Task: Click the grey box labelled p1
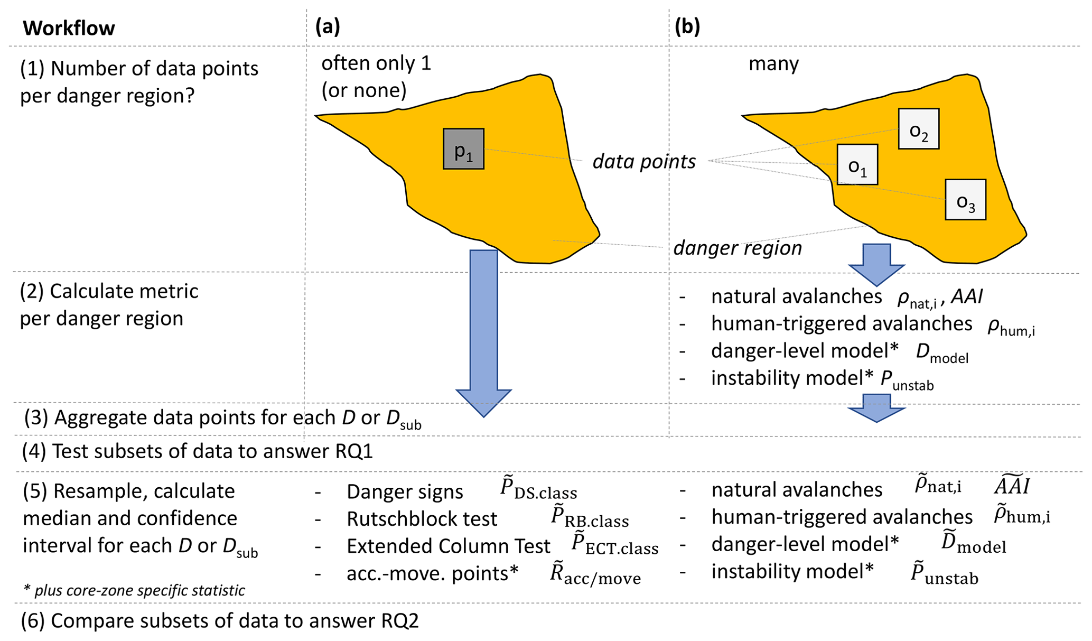[x=463, y=149]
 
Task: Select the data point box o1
[x=857, y=165]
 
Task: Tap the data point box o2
[x=918, y=129]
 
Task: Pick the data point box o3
[x=965, y=200]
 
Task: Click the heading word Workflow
[x=69, y=28]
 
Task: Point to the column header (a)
[x=328, y=26]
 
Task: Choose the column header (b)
[x=687, y=26]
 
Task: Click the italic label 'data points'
[x=643, y=161]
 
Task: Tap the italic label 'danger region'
[x=738, y=248]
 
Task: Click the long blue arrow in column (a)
[x=483, y=328]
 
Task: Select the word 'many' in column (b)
[x=773, y=64]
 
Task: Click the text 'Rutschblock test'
[x=422, y=519]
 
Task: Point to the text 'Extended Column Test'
[x=448, y=546]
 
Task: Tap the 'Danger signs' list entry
[x=405, y=492]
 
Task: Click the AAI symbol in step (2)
[x=966, y=296]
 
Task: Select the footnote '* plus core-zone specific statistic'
[x=134, y=590]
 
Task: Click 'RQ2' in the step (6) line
[x=399, y=621]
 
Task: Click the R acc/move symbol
[x=595, y=575]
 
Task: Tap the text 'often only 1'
[x=376, y=63]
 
